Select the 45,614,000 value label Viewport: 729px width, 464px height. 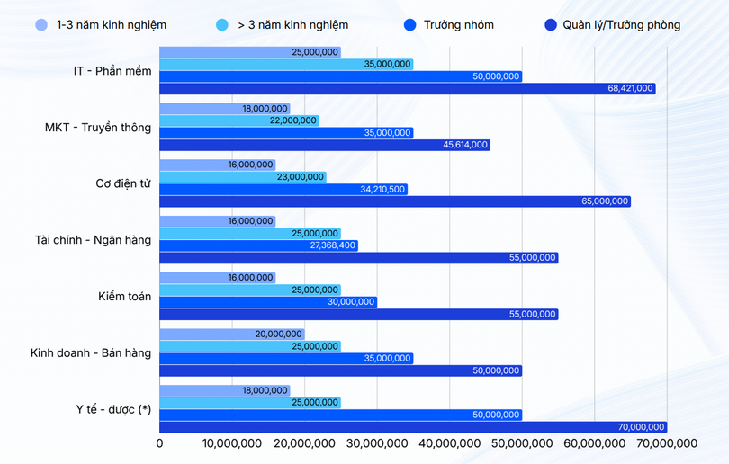click(466, 145)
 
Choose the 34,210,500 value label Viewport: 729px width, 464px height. click(382, 190)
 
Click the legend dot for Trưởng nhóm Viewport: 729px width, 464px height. click(411, 25)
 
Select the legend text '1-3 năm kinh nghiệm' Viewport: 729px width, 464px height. click(111, 25)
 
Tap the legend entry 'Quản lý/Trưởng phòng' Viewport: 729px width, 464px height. click(621, 25)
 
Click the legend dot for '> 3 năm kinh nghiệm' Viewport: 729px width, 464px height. click(222, 25)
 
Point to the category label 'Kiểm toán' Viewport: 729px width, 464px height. click(125, 297)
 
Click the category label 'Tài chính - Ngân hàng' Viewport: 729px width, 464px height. click(94, 240)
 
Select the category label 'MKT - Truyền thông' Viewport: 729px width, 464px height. click(98, 128)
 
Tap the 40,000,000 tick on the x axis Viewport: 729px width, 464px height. click(450, 443)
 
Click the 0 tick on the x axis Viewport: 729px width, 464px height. click(160, 443)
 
